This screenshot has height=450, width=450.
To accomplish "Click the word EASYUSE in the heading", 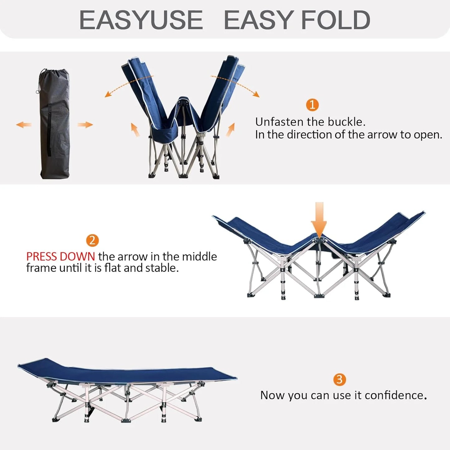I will click(x=141, y=20).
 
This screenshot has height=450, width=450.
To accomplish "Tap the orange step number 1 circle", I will click(x=312, y=105).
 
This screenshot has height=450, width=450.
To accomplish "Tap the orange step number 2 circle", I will click(x=92, y=240).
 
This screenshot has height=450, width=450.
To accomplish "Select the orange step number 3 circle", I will click(x=339, y=379).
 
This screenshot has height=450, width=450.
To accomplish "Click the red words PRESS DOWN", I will click(x=60, y=257).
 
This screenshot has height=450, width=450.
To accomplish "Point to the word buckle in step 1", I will click(x=348, y=122).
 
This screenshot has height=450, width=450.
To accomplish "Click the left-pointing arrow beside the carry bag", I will click(x=24, y=125).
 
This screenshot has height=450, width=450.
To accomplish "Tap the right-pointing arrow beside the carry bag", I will click(x=85, y=125).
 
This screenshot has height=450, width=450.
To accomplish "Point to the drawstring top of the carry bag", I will click(x=54, y=75).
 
